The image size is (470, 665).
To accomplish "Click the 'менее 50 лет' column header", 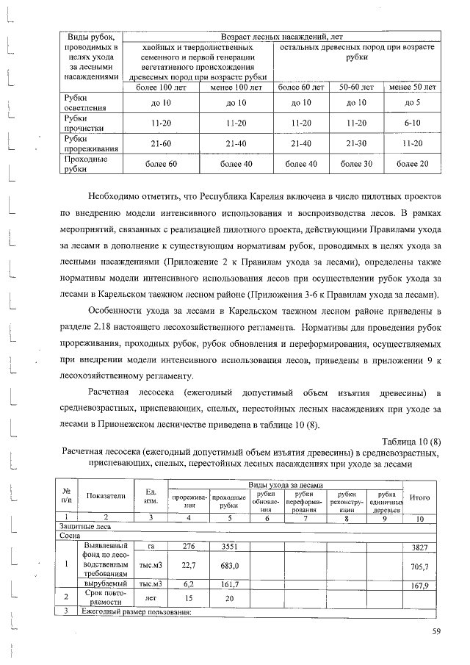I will click(x=412, y=87).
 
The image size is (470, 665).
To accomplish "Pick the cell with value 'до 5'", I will click(x=412, y=102).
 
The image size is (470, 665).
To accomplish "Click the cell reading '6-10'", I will click(x=412, y=122).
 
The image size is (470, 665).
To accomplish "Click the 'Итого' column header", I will click(x=419, y=497).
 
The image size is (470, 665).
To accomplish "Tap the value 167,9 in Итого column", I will click(x=419, y=586).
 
